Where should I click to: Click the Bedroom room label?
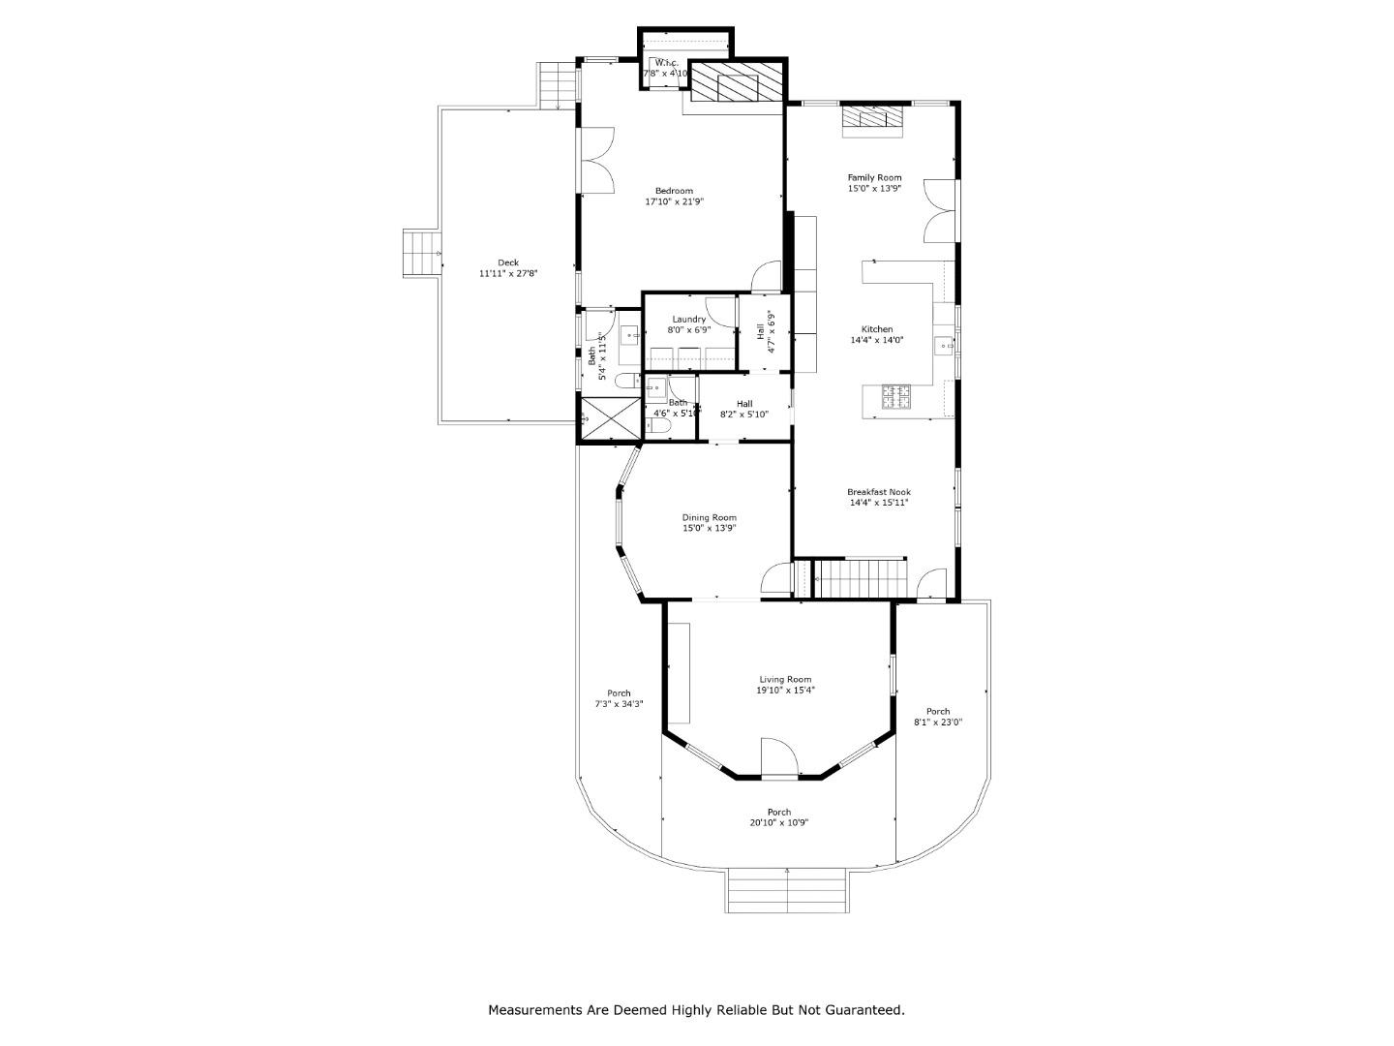(x=674, y=191)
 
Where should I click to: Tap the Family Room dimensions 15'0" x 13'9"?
(x=874, y=189)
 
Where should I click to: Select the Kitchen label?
(x=875, y=329)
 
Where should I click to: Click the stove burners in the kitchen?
(x=895, y=395)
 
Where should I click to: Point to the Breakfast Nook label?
(x=878, y=492)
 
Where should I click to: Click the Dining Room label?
(x=709, y=517)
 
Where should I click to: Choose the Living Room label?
(x=784, y=680)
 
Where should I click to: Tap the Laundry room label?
(x=688, y=319)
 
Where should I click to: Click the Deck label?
(x=508, y=262)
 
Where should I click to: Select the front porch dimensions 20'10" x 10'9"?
(x=778, y=823)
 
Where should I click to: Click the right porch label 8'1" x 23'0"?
(x=937, y=723)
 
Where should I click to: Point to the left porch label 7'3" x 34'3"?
(x=619, y=705)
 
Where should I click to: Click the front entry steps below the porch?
(x=787, y=890)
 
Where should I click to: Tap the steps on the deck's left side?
(x=421, y=254)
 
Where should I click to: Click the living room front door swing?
(x=778, y=757)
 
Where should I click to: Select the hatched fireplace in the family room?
(x=871, y=117)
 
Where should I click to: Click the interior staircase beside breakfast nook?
(x=860, y=579)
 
